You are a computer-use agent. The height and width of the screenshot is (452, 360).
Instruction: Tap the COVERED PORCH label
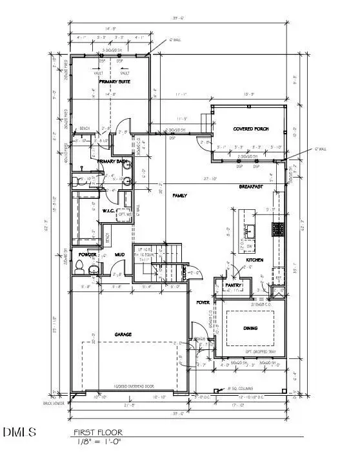250,129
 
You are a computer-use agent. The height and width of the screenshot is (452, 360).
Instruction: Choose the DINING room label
250,328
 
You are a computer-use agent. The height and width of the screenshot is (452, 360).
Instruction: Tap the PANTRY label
232,285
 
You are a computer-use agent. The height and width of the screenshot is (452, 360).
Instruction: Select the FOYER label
203,302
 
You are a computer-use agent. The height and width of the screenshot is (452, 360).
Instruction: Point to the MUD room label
119,254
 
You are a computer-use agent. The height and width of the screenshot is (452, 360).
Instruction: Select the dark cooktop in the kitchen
278,228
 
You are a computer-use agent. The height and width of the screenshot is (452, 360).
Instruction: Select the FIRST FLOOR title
97,432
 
